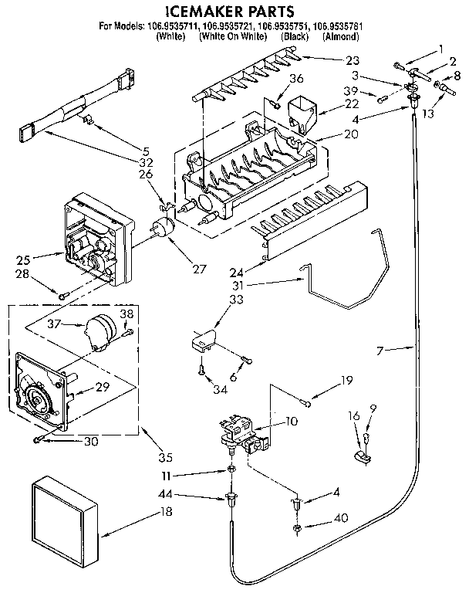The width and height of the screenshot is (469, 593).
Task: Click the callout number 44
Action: point(187,495)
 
